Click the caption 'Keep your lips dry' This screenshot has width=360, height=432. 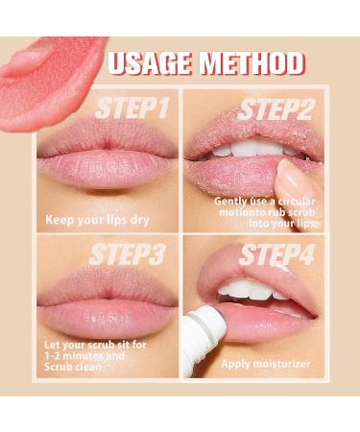point(97,220)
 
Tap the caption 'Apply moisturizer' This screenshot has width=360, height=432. point(268,363)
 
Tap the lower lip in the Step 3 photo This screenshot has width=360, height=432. point(106,313)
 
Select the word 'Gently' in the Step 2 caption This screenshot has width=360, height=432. point(232,204)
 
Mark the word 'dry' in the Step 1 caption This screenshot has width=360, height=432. point(136,220)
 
